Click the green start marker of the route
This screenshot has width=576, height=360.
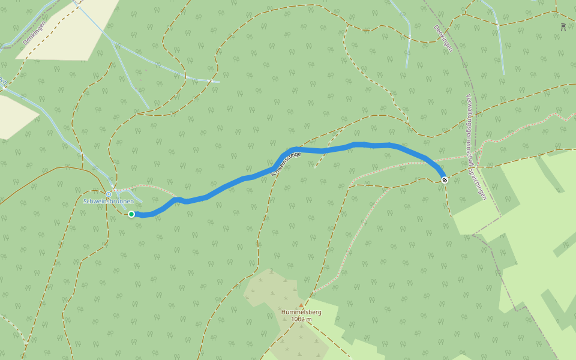tap(131, 214)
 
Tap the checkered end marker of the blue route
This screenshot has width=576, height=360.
tap(445, 180)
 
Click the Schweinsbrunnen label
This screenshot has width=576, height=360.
tap(109, 202)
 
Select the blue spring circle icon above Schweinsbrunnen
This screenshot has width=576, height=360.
tap(109, 194)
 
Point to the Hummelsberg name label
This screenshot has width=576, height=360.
tap(301, 312)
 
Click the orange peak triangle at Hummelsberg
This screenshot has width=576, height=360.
tap(301, 305)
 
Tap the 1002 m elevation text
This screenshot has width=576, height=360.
tap(301, 319)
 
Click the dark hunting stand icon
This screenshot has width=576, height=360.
tap(563, 27)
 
